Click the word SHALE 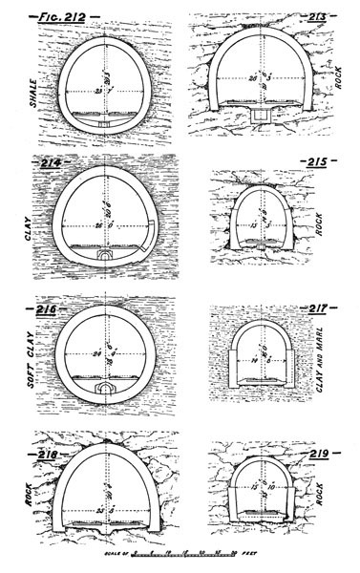coord(18,92)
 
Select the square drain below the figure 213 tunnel coord(258,114)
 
